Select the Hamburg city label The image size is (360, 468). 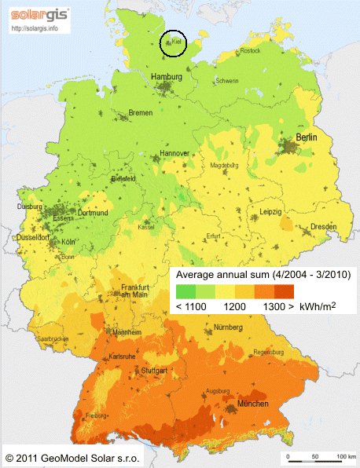[x=166, y=77]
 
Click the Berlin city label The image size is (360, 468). [x=309, y=138]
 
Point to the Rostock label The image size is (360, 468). [x=249, y=51]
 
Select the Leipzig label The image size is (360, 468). [x=270, y=212]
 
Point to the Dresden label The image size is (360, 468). [x=323, y=226]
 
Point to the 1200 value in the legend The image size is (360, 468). [x=228, y=307]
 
